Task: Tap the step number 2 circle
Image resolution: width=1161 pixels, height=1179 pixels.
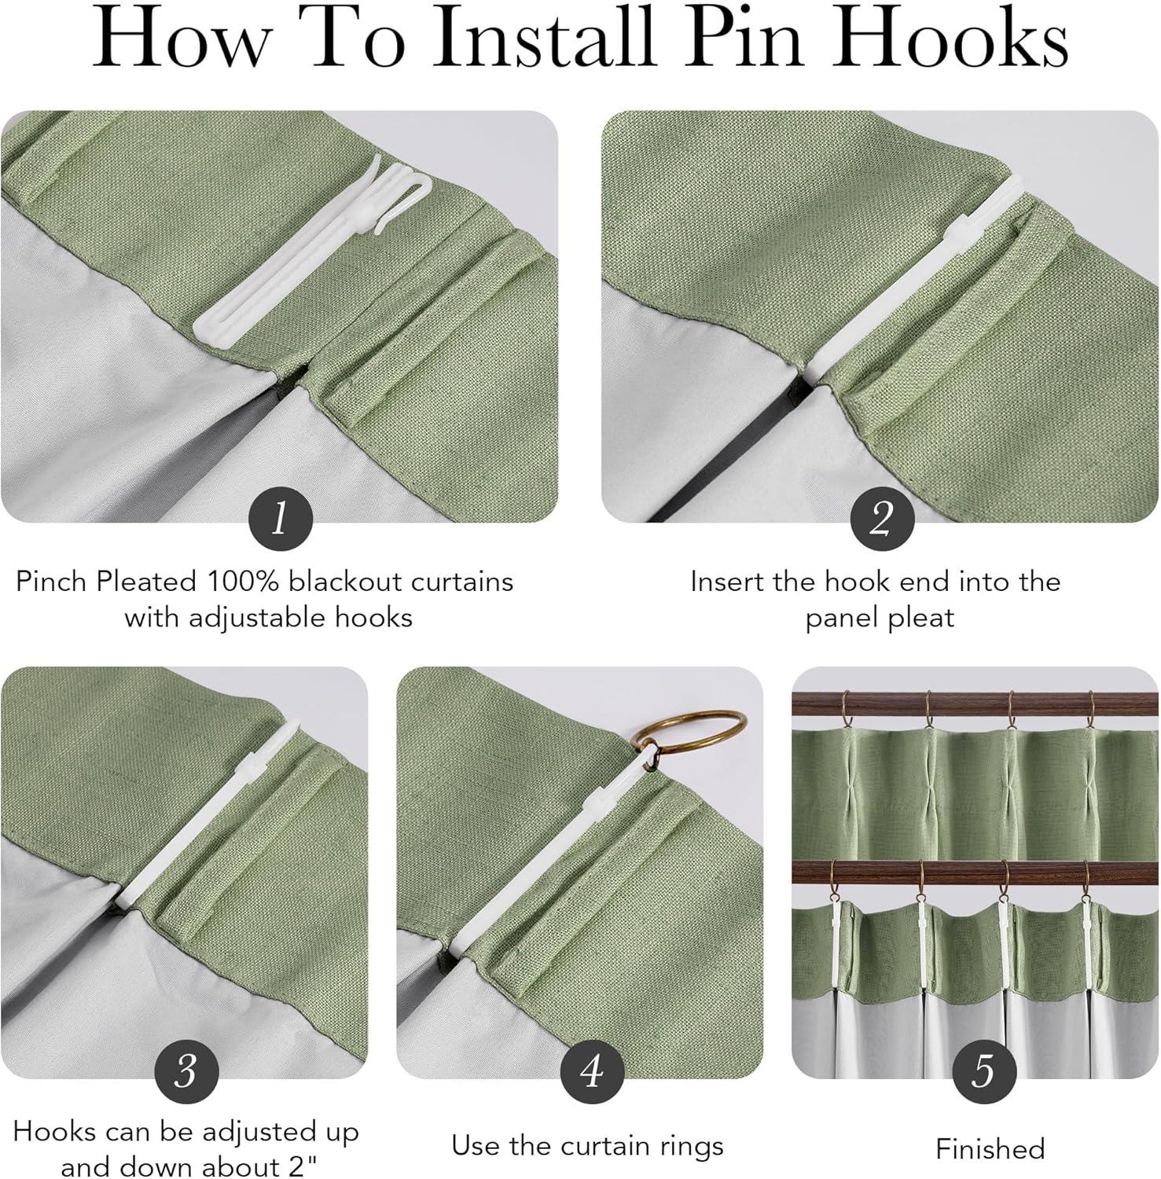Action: pos(882,519)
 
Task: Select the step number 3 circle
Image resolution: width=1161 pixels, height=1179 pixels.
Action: pos(186,1070)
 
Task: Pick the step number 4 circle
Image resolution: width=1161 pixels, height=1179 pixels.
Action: pos(592,1070)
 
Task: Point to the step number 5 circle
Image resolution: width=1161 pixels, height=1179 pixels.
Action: pos(983,1070)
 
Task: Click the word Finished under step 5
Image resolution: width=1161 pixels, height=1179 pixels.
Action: pos(990,1149)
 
